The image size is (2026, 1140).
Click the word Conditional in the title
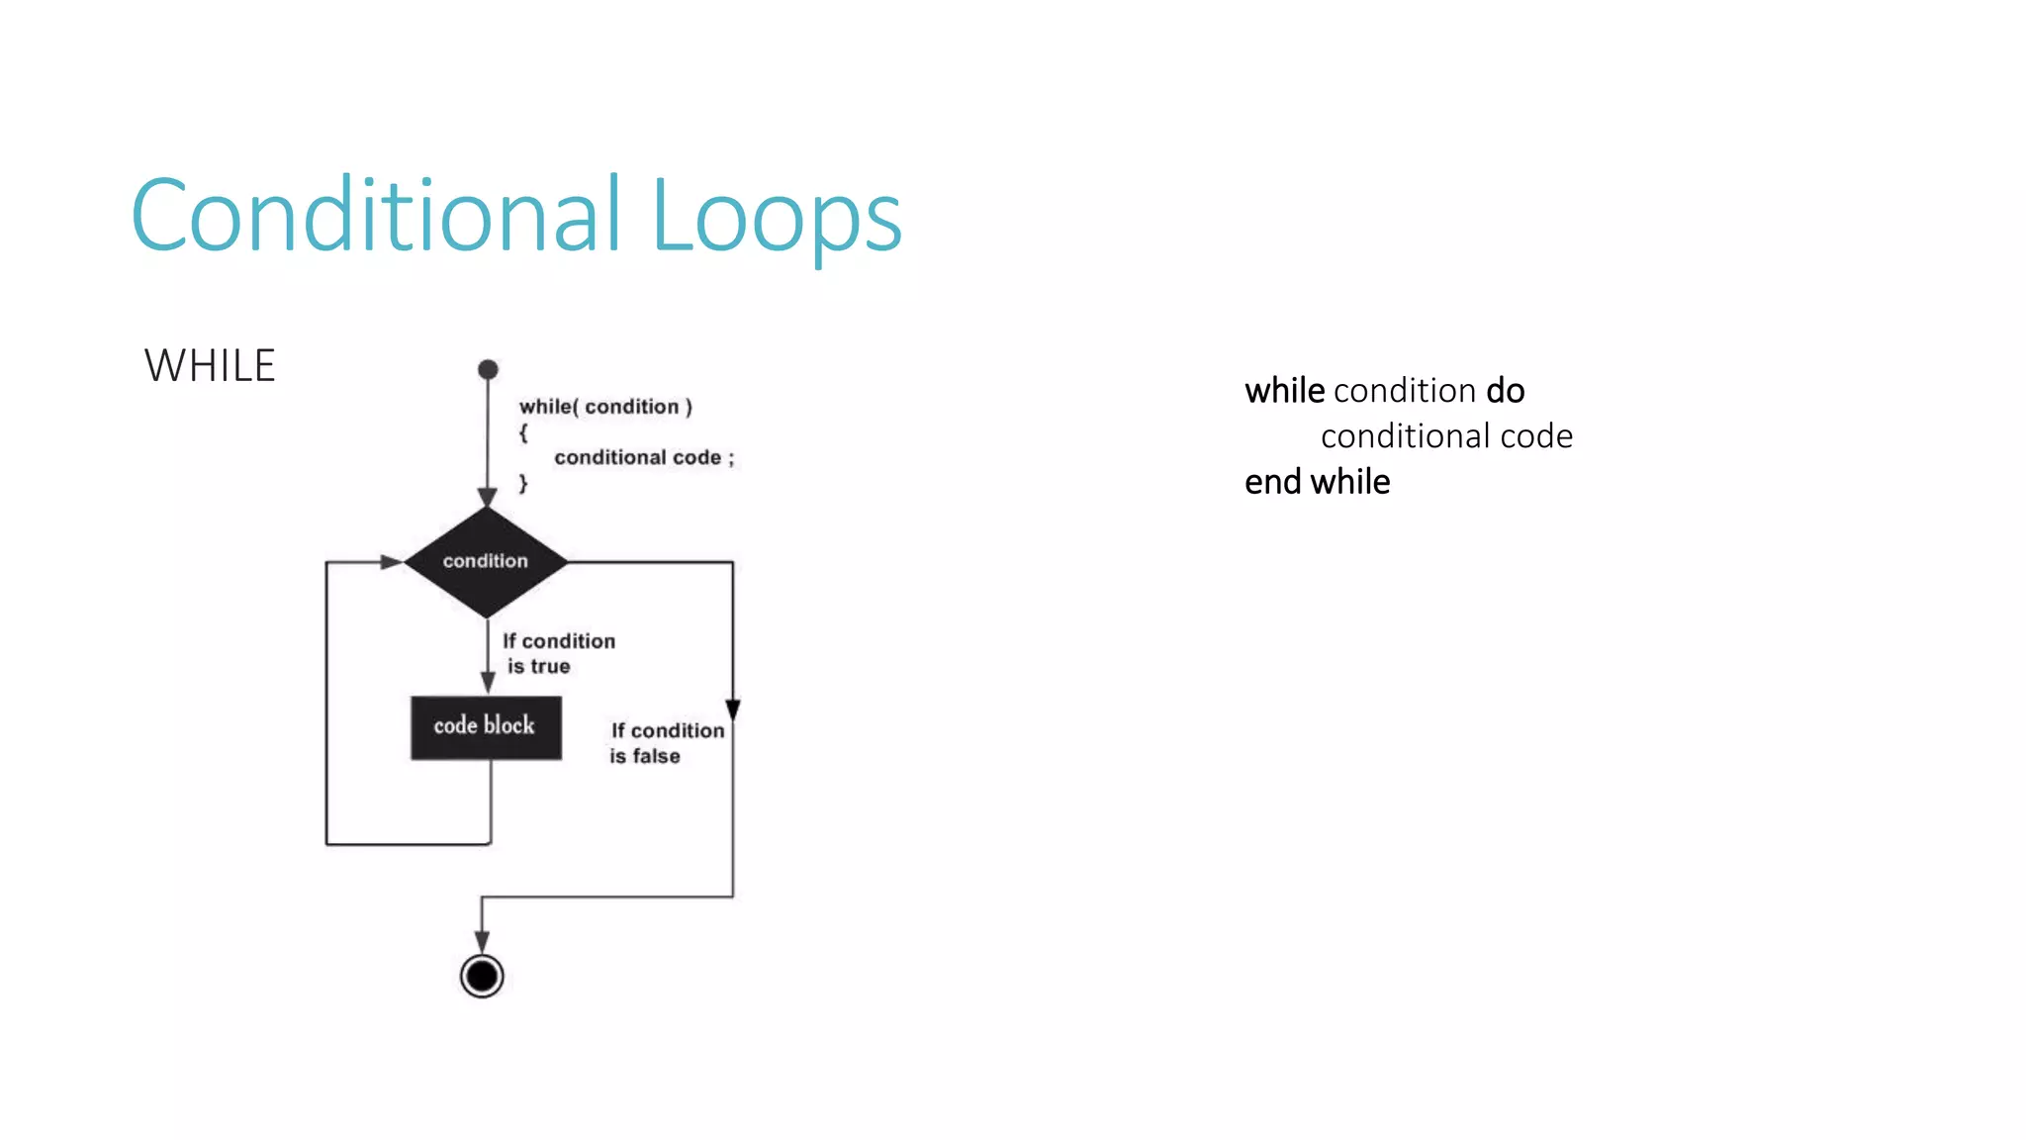[x=376, y=215]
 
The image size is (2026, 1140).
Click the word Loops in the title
[x=777, y=218]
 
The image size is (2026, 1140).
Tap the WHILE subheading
[x=210, y=366]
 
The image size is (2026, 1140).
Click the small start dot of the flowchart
[x=488, y=369]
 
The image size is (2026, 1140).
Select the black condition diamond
[x=486, y=561]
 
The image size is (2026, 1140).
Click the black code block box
[x=486, y=727]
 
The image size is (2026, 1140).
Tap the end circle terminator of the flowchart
[x=482, y=976]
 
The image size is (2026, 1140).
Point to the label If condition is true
[x=558, y=653]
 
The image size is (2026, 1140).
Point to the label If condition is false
[x=666, y=742]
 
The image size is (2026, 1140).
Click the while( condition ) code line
[x=605, y=407]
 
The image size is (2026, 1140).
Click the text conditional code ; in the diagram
[x=643, y=457]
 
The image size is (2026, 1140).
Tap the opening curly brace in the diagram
[x=523, y=432]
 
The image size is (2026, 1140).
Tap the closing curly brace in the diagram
[x=523, y=483]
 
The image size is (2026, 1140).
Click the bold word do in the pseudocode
[x=1505, y=391]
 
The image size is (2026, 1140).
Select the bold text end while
[x=1317, y=482]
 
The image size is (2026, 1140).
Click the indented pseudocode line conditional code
[x=1446, y=436]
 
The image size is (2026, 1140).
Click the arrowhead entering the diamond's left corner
[x=392, y=561]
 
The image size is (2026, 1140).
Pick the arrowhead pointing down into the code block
[x=488, y=683]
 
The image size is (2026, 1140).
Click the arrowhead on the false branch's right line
[x=733, y=710]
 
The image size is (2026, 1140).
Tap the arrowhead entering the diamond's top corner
[x=488, y=497]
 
